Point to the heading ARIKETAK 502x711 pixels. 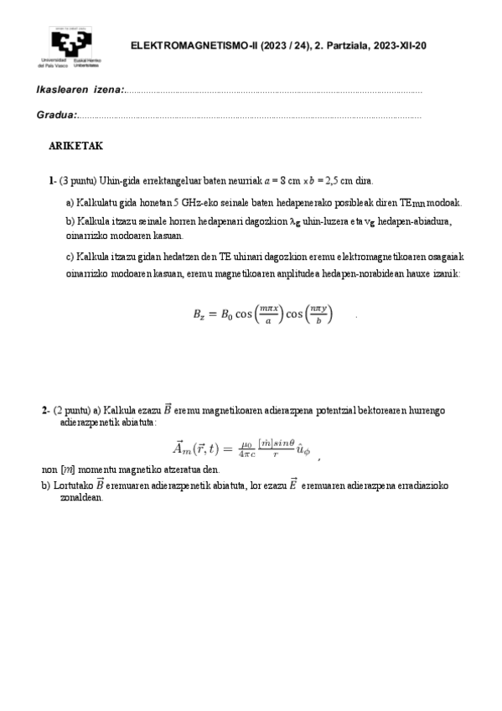tap(75, 146)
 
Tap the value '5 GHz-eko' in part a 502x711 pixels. tap(194, 202)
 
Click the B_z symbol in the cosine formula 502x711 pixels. tap(201, 315)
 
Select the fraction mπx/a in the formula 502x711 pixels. tap(271, 314)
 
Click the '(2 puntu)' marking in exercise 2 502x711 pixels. tap(72, 410)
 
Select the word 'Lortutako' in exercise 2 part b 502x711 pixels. tap(73, 485)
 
